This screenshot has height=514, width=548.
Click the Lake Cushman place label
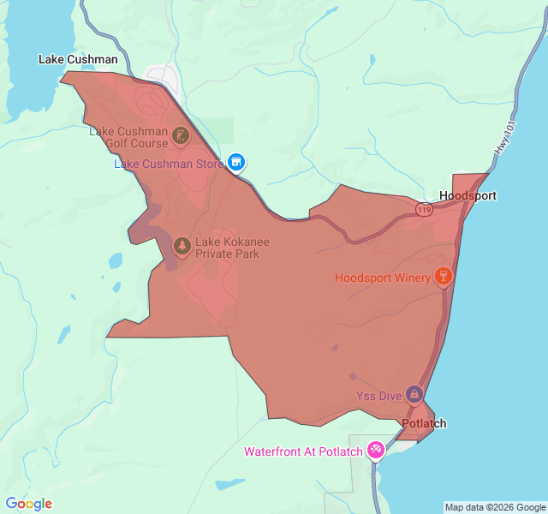78,59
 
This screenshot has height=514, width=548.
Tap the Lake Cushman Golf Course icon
181,135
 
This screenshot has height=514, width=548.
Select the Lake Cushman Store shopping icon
237,162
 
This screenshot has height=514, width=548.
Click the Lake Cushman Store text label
169,164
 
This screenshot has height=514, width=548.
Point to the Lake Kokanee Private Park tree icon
182,247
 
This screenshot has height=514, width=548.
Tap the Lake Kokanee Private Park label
227,248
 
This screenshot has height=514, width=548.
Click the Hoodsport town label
468,195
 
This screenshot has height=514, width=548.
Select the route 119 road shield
424,208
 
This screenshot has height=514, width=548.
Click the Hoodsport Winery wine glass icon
443,276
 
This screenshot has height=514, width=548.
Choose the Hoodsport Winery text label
383,278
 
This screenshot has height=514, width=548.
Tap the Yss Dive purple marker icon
414,393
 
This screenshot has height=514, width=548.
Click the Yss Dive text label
378,396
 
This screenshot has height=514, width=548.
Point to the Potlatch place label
424,423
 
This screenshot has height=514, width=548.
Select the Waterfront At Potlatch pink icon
375,450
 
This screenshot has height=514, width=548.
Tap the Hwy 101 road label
506,137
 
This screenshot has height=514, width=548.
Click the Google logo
29,504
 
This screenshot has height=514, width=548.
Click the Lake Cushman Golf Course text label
128,137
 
